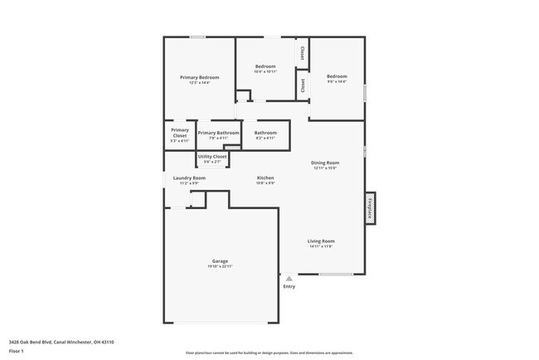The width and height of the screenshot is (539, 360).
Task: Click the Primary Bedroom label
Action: point(200,77)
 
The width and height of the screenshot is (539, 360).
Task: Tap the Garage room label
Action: point(220,260)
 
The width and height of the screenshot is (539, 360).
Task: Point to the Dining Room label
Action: point(325,163)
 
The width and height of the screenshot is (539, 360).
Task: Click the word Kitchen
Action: point(265,178)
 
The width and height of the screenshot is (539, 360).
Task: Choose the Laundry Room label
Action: point(189,178)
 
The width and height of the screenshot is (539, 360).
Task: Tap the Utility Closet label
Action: point(212,156)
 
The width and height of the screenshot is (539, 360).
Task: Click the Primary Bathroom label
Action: point(218,133)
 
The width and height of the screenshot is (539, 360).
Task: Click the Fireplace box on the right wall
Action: point(370,207)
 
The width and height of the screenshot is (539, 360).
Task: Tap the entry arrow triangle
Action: point(289,279)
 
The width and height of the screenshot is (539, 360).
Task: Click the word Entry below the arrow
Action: point(289,287)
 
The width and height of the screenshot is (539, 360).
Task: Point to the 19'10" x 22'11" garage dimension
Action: point(220,266)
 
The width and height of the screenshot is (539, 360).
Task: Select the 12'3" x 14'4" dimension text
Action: point(200,83)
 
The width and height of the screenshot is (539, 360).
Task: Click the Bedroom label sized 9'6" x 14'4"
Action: point(337,76)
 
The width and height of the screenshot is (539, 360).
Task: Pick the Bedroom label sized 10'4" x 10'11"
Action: point(265,66)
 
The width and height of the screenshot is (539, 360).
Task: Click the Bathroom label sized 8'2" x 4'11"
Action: point(265,133)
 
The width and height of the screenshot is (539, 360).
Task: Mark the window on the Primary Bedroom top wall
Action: point(197,36)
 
